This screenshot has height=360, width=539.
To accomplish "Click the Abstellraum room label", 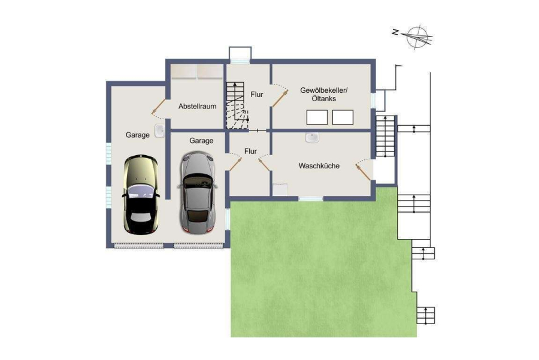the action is (197, 106).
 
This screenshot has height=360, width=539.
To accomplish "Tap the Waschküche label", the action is (319, 166).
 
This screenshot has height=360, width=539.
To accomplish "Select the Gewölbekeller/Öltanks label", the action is (324, 95).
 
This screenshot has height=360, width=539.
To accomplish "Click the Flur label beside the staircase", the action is (257, 94).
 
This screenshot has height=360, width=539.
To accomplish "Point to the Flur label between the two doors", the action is (250, 151).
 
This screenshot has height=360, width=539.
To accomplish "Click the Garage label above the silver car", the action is (201, 141).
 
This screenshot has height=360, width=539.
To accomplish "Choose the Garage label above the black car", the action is (138, 135).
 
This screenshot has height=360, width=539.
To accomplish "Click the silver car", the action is (197, 192).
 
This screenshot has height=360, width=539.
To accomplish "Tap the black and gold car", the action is (141, 195).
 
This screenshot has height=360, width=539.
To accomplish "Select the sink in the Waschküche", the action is (312, 138).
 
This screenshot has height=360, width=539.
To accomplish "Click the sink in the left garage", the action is (159, 131).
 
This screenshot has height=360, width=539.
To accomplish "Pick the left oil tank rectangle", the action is (317, 117).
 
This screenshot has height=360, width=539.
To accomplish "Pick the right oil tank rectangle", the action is (343, 117).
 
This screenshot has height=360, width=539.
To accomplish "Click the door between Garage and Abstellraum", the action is (159, 107).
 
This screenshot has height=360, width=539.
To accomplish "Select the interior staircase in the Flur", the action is (237, 105).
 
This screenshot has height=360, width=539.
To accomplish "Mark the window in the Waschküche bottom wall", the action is (311, 199).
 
